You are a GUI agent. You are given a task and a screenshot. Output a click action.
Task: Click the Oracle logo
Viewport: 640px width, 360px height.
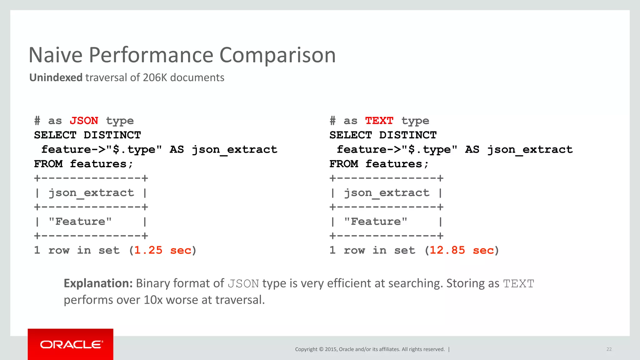71,344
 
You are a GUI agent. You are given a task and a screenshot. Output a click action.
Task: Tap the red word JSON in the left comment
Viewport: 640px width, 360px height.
84,121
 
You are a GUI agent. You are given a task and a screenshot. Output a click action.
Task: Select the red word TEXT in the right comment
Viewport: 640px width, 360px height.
379,121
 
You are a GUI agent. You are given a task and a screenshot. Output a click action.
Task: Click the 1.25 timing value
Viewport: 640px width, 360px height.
148,250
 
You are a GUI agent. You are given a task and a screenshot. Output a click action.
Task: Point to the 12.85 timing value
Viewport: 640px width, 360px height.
447,250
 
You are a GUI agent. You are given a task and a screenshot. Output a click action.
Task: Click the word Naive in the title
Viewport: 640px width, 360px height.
56,55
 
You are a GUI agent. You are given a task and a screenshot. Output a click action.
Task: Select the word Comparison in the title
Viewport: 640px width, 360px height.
277,55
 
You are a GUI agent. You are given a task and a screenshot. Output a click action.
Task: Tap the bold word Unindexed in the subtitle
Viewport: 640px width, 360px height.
56,77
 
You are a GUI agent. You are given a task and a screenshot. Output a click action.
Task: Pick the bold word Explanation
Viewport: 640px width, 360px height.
98,283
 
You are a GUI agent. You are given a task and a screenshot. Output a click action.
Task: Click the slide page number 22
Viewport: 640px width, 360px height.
609,349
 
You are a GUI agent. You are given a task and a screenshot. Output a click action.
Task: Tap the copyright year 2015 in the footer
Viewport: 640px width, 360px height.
331,349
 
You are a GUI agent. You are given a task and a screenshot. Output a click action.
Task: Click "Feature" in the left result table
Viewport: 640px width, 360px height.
80,222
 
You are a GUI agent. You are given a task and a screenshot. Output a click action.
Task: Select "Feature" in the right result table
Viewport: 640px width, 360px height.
376,222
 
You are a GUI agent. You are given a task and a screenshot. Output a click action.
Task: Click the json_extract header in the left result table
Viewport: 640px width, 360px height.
91,193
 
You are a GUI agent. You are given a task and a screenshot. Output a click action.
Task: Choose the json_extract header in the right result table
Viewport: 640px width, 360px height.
387,193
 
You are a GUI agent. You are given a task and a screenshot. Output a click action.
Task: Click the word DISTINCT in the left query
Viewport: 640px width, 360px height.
112,135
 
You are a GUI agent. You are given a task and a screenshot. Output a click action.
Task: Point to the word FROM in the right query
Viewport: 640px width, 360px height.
344,164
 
